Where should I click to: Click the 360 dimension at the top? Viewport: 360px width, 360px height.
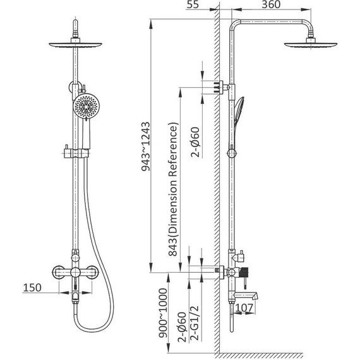[x=271, y=4]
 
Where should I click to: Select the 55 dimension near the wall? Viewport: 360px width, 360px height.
[x=193, y=4]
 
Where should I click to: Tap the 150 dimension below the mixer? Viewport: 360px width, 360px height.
[x=32, y=287]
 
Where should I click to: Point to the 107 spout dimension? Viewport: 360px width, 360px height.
[x=244, y=308]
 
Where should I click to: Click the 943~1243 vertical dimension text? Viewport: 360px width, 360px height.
[x=145, y=147]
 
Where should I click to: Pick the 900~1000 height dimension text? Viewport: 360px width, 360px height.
[x=163, y=313]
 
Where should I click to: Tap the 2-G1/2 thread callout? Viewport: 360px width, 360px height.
[x=195, y=323]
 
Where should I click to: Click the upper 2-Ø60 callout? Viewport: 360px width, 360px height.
[x=195, y=142]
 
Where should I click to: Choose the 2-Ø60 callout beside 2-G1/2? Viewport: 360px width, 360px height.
[x=183, y=327]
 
